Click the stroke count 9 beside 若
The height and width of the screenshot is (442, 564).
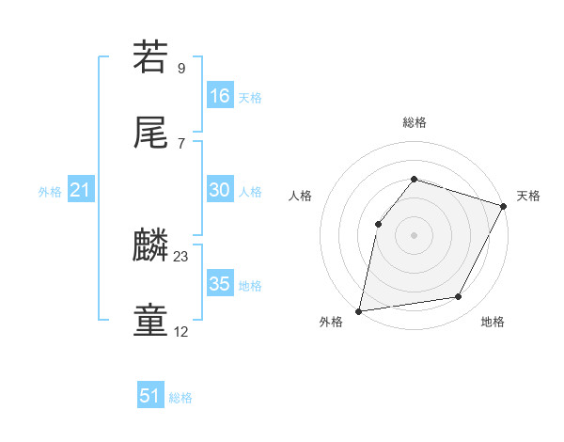[181, 68]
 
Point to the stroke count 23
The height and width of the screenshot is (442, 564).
[181, 256]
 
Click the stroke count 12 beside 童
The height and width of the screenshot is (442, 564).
[181, 332]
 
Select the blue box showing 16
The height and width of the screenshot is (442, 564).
[220, 96]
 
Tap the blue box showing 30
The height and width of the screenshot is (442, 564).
[220, 190]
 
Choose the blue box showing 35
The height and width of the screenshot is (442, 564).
[220, 284]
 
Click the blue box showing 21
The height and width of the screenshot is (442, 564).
[81, 190]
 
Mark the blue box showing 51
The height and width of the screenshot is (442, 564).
[150, 396]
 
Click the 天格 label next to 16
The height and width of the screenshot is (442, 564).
[250, 98]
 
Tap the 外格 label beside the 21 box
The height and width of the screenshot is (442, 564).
[50, 192]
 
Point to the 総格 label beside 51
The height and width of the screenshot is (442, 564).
[180, 398]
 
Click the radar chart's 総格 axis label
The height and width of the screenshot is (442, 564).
[415, 122]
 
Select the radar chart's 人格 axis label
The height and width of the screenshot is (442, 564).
[300, 196]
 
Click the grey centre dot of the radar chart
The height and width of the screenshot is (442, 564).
[414, 234]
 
